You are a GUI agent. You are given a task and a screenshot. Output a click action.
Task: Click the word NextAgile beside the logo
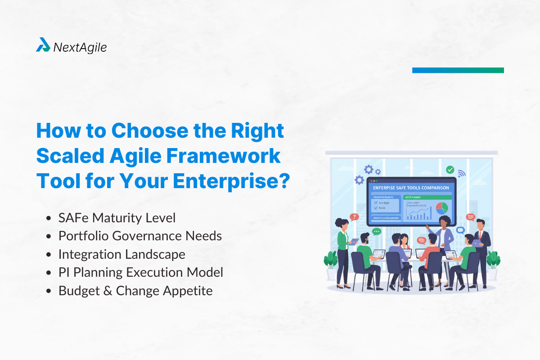coord(80,47)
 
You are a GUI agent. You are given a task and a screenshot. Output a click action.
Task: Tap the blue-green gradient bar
coord(458,70)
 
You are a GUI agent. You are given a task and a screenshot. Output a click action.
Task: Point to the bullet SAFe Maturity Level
coord(117,218)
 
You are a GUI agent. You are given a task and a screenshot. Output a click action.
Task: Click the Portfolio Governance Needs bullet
coord(140,236)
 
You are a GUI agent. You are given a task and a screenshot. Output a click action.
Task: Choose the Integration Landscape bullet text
coord(121,254)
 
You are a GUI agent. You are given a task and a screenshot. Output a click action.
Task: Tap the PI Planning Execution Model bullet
coord(140,272)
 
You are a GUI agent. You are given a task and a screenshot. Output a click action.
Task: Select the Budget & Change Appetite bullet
coord(135,291)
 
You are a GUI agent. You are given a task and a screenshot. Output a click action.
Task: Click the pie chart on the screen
coord(441,207)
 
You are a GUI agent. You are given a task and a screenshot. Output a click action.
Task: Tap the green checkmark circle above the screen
coord(450,170)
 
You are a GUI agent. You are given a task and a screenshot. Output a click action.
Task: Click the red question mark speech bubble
coord(354,217)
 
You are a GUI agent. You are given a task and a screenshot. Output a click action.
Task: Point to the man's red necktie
coord(481,235)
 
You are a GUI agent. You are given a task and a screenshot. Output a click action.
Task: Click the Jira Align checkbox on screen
coord(376,203)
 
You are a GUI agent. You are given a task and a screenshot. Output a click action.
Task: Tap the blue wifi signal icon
coord(461,173)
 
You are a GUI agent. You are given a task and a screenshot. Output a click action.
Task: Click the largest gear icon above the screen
coord(369,170)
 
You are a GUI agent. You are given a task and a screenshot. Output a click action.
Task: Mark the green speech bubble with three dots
coord(377,231)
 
